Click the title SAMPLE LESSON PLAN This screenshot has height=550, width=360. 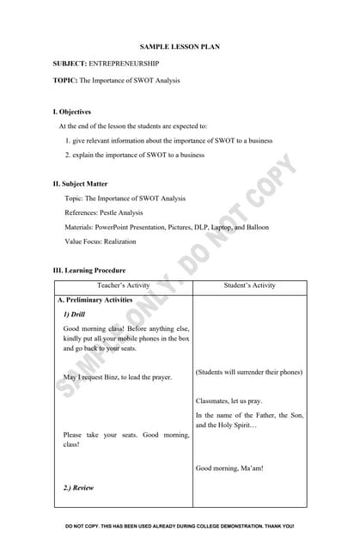tap(180, 46)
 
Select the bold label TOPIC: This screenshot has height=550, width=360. tap(65, 80)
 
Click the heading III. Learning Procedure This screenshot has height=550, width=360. tap(89, 270)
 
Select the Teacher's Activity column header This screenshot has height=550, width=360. tap(125, 285)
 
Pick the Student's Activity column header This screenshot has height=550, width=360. tap(249, 285)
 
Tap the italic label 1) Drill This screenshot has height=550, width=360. tap(74, 315)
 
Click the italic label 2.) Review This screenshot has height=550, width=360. tap(78, 488)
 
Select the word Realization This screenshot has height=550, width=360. tap(116, 241)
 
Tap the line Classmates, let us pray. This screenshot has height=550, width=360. tap(229, 401)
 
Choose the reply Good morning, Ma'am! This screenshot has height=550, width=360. tap(229, 468)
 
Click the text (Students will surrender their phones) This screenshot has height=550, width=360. tap(249, 373)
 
